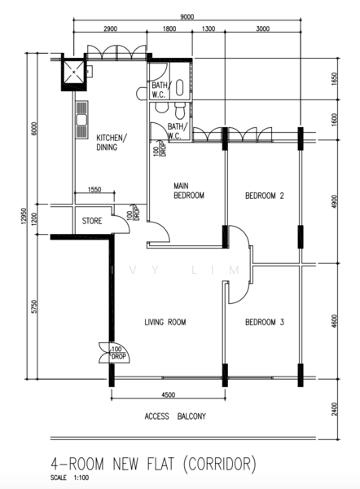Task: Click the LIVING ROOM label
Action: tap(165, 322)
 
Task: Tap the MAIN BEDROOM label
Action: tap(189, 191)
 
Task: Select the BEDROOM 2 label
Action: tap(265, 196)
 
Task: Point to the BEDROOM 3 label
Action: tap(265, 322)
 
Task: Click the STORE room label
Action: tap(92, 221)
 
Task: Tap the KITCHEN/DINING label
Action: tap(112, 143)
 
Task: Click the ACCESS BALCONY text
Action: tap(175, 416)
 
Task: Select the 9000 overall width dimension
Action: tap(187, 17)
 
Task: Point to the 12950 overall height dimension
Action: tap(21, 216)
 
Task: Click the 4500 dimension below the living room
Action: tap(169, 395)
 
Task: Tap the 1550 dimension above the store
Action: tap(94, 190)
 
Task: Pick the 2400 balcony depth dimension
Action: tap(335, 409)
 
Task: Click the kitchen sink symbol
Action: tap(81, 120)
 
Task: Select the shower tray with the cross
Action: tap(74, 73)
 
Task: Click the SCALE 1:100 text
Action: tap(69, 478)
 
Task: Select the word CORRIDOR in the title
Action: tap(220, 464)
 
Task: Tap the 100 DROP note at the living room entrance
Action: tap(118, 353)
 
